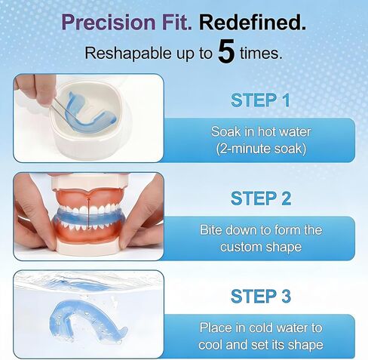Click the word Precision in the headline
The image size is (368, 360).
click(109, 22)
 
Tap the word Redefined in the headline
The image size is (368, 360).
click(253, 22)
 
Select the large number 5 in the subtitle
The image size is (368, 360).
click(226, 51)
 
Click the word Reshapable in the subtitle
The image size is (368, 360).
click(128, 54)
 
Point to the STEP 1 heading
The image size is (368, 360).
click(260, 100)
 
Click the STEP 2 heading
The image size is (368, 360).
click(261, 198)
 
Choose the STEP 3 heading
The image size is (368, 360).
click(261, 296)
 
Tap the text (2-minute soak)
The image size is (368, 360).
click(261, 149)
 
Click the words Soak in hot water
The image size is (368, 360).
click(261, 131)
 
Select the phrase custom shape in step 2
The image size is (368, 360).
click(261, 247)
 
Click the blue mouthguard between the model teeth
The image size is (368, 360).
click(88, 217)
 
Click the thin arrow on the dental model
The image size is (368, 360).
click(88, 214)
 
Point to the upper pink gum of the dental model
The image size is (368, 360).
click(88, 198)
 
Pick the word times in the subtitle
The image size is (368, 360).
click(260, 54)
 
